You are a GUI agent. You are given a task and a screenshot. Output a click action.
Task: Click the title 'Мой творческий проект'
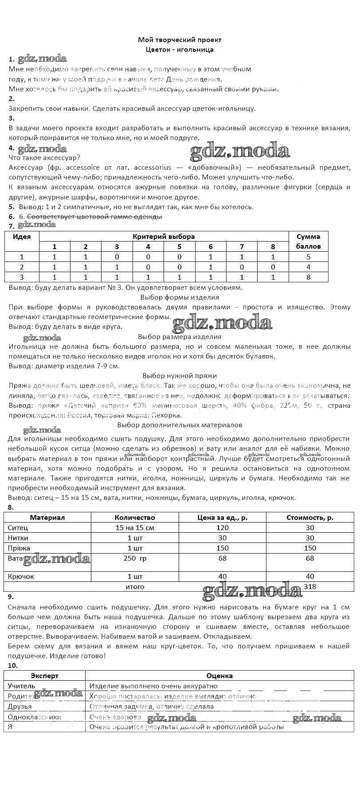(x=180, y=40)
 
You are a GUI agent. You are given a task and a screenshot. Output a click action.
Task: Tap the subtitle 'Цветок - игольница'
(x=180, y=50)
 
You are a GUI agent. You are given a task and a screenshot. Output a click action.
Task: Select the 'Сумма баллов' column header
(x=308, y=242)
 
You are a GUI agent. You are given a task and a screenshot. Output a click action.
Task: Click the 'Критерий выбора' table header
(x=164, y=237)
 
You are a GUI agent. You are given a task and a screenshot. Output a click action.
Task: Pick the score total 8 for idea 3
(x=308, y=277)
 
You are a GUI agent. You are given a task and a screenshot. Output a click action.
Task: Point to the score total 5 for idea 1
(x=308, y=257)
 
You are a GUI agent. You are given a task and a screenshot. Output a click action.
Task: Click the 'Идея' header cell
(x=22, y=237)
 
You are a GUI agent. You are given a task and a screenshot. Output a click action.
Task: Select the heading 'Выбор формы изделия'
(x=180, y=297)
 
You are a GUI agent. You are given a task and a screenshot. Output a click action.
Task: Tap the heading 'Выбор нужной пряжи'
(x=180, y=376)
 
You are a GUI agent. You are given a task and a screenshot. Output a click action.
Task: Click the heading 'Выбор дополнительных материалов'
(x=180, y=425)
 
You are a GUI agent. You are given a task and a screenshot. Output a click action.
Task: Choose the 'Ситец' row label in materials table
(x=18, y=527)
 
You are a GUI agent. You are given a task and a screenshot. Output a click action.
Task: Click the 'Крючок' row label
(x=21, y=577)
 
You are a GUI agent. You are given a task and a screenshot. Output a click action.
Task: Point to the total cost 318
(x=310, y=586)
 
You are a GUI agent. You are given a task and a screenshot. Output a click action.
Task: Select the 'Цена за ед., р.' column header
(x=222, y=517)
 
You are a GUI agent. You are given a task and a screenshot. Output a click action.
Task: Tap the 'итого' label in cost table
(x=135, y=586)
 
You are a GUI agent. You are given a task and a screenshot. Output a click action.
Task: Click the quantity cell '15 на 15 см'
(x=135, y=527)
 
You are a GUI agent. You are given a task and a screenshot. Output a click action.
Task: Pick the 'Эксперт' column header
(x=44, y=676)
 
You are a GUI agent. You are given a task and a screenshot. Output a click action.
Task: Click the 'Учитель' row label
(x=21, y=686)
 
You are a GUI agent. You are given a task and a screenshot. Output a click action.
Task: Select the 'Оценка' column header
(x=219, y=676)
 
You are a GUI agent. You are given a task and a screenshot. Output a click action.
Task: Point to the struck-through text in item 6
(x=94, y=217)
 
